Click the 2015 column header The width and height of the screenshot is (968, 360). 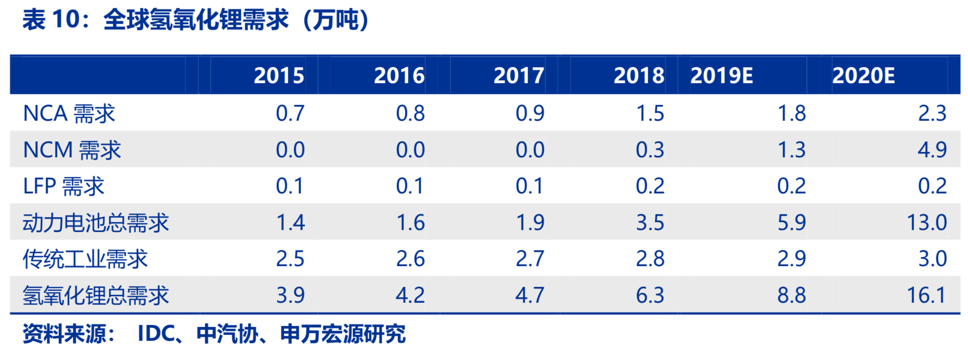278,76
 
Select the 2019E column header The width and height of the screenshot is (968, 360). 721,76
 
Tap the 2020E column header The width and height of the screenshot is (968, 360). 863,76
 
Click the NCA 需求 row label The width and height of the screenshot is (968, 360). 69,114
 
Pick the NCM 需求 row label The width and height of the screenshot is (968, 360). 72,150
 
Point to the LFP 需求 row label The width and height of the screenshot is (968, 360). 63,186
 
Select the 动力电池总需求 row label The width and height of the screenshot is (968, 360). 95,223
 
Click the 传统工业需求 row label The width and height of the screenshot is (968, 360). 85,259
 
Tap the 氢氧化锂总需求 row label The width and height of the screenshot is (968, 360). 95,295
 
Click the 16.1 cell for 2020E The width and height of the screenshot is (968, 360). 926,295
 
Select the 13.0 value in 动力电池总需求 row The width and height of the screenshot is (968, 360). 926,223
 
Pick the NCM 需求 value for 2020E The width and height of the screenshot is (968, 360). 932,150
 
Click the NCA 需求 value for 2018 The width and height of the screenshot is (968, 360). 650,114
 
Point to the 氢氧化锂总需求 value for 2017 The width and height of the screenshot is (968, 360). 529,295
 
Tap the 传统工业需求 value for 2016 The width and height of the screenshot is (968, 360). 410,259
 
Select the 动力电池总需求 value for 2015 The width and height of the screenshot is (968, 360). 290,223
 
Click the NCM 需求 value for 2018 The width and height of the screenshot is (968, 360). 650,150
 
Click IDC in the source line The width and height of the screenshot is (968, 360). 156,334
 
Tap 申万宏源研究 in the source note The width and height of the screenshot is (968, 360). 343,334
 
